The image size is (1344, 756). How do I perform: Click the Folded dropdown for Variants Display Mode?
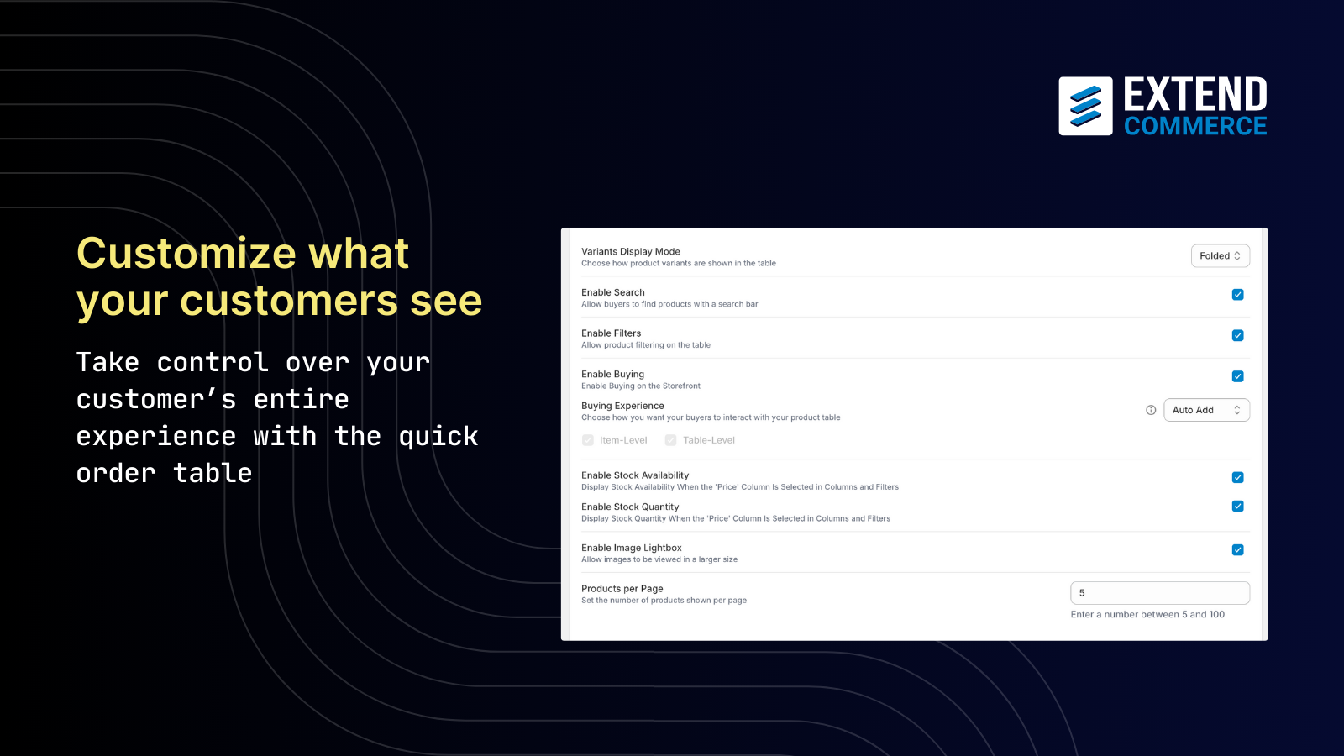[x=1220, y=255]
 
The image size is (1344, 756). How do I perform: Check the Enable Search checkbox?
[x=1237, y=295]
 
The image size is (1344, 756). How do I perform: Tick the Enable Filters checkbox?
[x=1237, y=335]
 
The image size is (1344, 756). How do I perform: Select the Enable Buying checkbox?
[x=1237, y=376]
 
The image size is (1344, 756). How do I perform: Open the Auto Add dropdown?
[x=1206, y=410]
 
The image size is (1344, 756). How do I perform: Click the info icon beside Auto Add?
[x=1151, y=410]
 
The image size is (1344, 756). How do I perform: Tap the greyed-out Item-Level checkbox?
[x=588, y=440]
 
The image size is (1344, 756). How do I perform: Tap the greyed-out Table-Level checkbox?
[x=671, y=440]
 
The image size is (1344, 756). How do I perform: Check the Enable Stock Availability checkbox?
[x=1237, y=477]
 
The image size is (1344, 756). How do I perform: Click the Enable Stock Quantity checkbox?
[x=1237, y=507]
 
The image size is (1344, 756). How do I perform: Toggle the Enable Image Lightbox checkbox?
[x=1237, y=549]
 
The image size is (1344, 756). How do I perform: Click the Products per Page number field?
[x=1160, y=593]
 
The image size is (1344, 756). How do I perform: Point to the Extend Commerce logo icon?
[x=1085, y=106]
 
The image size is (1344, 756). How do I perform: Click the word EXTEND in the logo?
[x=1195, y=94]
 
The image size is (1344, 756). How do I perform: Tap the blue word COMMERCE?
[x=1195, y=126]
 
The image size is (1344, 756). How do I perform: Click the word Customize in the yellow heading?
[x=186, y=253]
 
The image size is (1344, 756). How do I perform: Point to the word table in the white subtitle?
[x=213, y=473]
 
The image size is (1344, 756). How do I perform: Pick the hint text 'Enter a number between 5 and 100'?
[x=1147, y=614]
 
